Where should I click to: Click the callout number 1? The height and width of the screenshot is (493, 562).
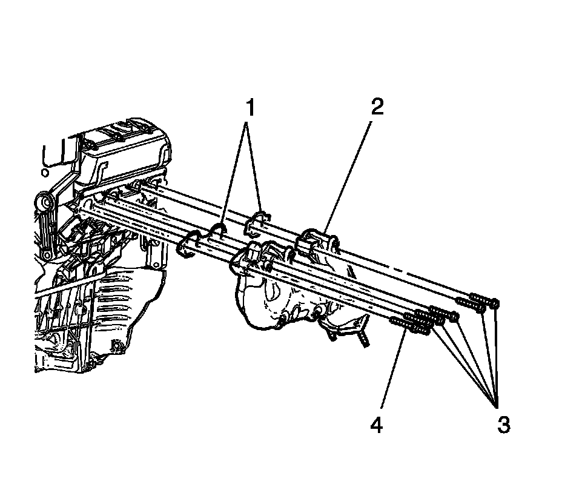coord(248,109)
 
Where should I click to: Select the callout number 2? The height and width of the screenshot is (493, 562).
coord(376,108)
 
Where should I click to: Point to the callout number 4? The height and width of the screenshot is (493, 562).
coord(377,426)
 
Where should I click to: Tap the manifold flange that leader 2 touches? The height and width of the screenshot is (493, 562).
coord(315,242)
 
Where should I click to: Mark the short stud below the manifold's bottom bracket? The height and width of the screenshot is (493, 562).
coord(362,339)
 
